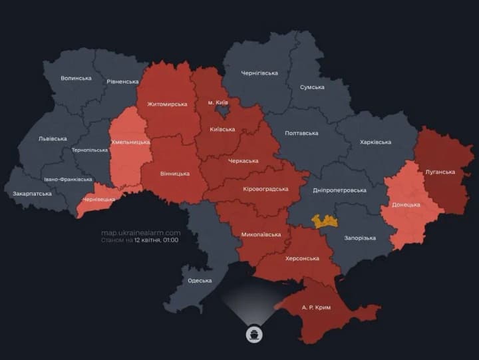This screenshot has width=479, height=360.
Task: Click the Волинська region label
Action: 76,78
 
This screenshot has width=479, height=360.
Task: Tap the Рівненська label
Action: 122,81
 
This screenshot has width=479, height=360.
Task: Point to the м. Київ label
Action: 218,102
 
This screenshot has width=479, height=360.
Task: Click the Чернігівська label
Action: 259,73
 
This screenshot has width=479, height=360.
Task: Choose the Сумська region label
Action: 312,87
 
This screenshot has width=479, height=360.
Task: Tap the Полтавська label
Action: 301,133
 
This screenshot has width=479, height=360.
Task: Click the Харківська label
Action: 375,142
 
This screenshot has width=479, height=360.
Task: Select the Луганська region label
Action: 440,172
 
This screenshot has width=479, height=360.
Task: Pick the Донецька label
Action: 406,204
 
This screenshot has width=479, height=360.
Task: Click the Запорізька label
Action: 360,238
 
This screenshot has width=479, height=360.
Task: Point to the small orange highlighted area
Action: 325,222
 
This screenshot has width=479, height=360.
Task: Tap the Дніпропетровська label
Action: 339,190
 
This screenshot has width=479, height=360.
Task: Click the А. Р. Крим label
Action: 315,308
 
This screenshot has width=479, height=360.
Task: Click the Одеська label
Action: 200,280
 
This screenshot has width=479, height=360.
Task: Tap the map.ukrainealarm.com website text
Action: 140,232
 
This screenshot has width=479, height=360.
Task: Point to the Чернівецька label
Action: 98,199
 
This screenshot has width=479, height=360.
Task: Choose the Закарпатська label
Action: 31,194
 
